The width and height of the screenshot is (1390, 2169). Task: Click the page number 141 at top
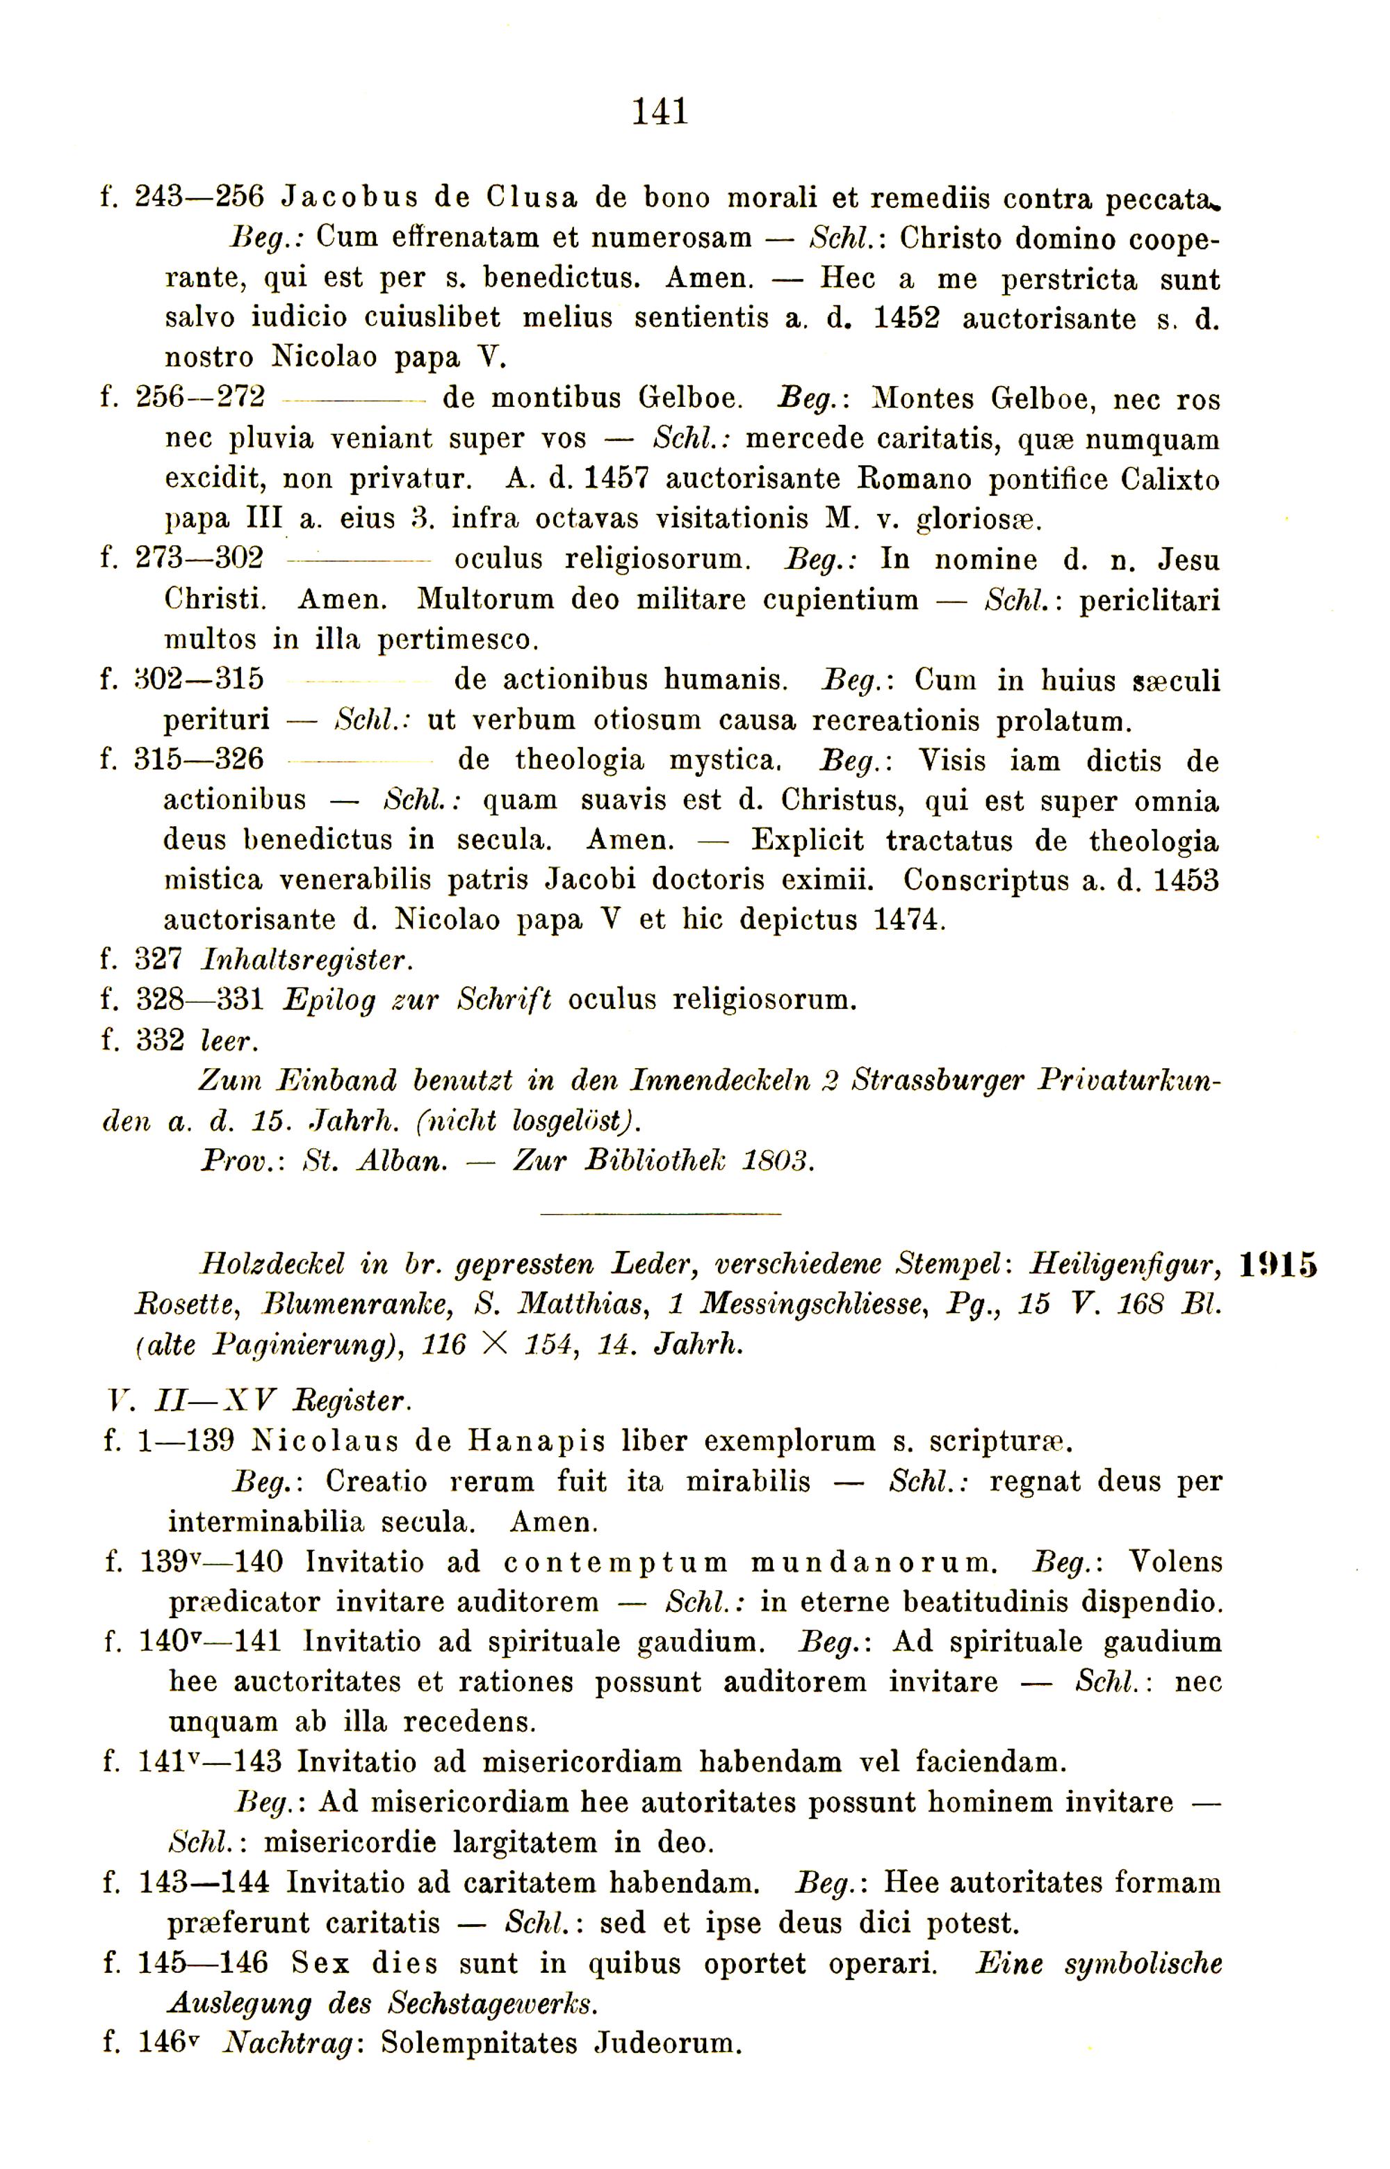coord(660,112)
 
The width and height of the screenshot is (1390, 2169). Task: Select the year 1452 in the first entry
coord(906,319)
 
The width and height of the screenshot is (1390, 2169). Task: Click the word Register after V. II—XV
coord(352,1401)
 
